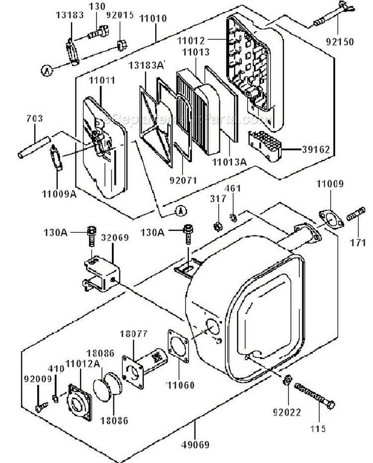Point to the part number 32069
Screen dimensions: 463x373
pos(115,238)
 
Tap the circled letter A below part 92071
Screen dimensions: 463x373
pos(180,211)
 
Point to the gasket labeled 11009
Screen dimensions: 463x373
pos(330,219)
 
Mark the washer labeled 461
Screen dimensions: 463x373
pos(233,217)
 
